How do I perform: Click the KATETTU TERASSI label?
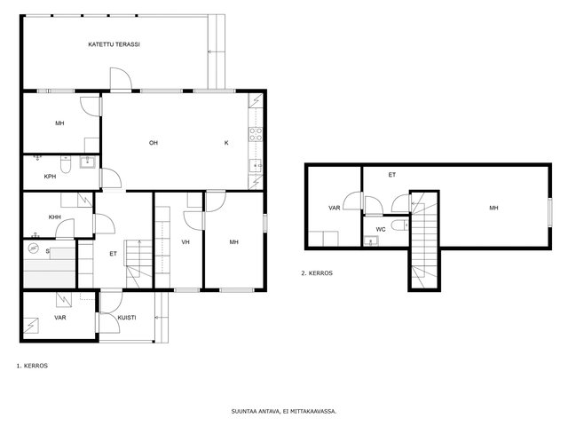pos(114,44)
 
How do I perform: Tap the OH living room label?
pos(154,143)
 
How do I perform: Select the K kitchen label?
pos(226,143)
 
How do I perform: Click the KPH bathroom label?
pos(50,177)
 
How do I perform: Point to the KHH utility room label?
pos(55,217)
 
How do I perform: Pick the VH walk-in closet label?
pos(185,241)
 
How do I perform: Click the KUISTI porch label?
pos(127,318)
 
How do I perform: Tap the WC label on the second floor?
pos(381,229)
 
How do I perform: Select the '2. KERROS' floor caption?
pos(317,273)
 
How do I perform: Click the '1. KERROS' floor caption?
pos(32,366)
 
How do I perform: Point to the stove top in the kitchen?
pos(256,134)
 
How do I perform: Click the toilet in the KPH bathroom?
pos(66,164)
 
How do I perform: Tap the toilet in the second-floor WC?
pos(400,225)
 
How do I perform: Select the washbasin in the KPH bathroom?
pos(87,162)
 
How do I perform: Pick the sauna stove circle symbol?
pos(34,248)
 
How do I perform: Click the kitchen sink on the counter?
pos(256,166)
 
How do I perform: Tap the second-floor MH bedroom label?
pos(493,208)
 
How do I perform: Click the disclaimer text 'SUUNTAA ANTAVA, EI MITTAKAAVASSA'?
pos(284,411)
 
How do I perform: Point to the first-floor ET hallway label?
pos(113,254)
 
